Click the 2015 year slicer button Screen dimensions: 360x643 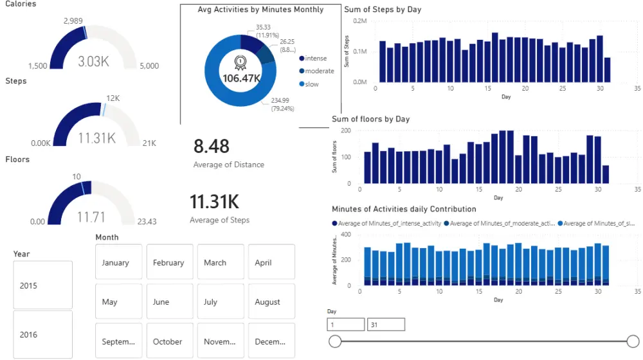[42, 285]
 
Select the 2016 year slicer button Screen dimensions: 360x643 [42, 334]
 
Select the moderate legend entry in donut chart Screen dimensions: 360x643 [319, 71]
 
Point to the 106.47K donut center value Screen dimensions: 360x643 [241, 78]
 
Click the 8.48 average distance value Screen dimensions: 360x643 [212, 147]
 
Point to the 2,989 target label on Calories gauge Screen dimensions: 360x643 [73, 21]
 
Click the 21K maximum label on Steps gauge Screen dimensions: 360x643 [149, 143]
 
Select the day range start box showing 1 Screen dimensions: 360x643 [345, 325]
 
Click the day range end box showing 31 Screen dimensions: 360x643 [386, 325]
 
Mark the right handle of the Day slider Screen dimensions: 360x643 [633, 341]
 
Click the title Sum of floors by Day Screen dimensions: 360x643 [370, 119]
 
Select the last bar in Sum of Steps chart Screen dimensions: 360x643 [607, 70]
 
